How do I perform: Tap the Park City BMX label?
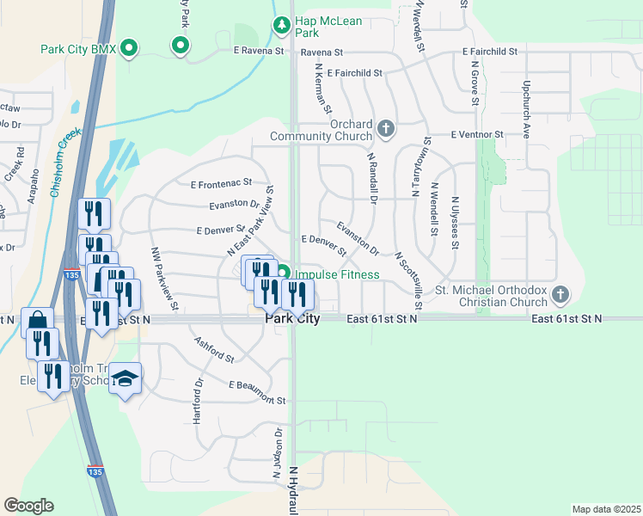click(78, 48)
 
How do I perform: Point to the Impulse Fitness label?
click(336, 275)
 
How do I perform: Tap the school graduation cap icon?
click(125, 378)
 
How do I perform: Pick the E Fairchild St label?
click(354, 73)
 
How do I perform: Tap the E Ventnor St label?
click(476, 135)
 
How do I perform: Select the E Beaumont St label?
click(257, 393)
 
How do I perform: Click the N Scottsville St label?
click(408, 280)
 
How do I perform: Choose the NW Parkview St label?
click(164, 279)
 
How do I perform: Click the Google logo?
click(28, 506)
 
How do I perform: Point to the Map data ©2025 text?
click(606, 509)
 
